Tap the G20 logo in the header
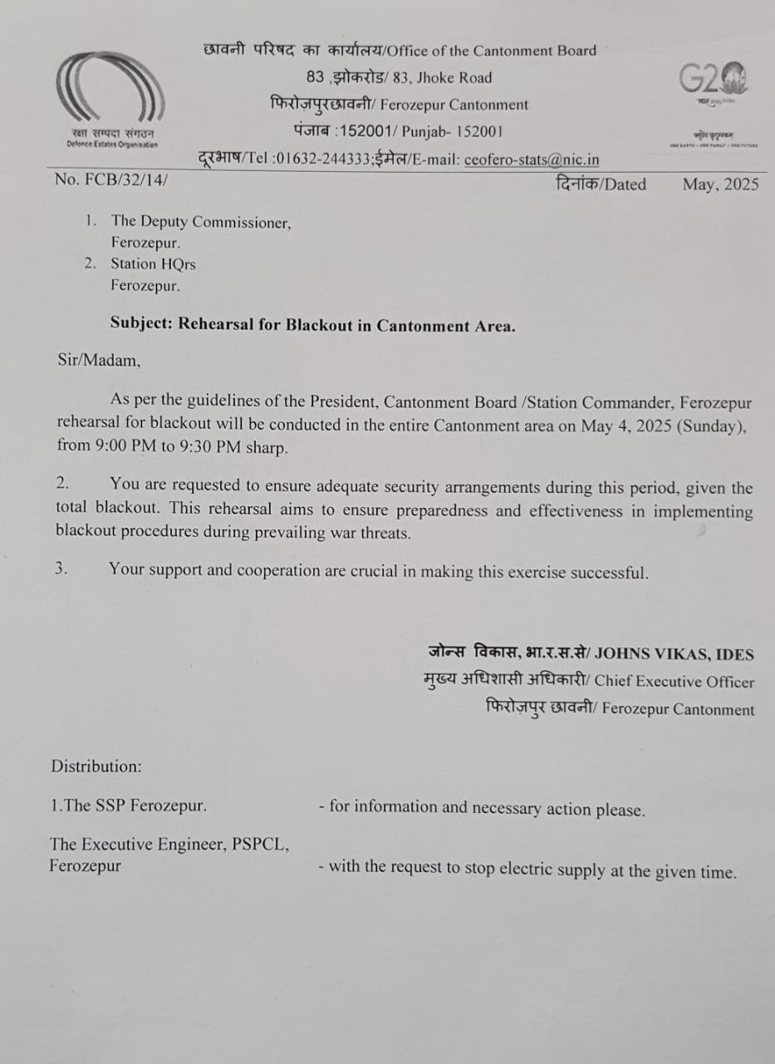(x=714, y=81)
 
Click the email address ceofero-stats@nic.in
(x=532, y=160)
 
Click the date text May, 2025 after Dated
(x=720, y=184)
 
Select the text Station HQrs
(x=154, y=264)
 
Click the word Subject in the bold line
(x=140, y=326)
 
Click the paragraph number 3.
(x=60, y=570)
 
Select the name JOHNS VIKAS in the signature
(x=651, y=654)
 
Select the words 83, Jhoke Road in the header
(x=443, y=78)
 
